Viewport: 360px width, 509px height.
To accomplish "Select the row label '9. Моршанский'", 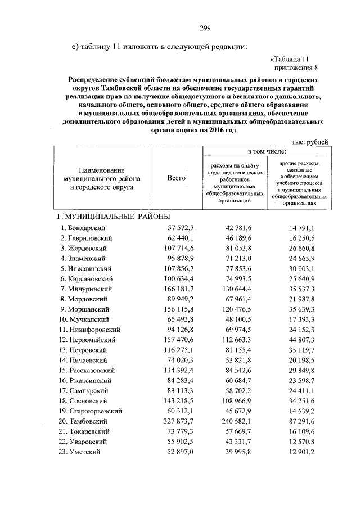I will pos(86,309).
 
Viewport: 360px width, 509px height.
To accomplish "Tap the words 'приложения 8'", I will pos(296,67).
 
